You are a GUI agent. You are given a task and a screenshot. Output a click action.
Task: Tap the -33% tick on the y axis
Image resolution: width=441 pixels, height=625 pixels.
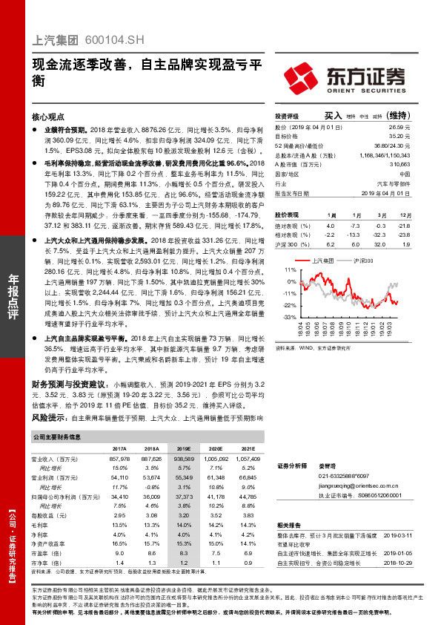(291, 316)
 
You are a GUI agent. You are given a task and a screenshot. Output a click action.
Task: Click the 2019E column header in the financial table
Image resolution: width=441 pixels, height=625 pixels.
(184, 449)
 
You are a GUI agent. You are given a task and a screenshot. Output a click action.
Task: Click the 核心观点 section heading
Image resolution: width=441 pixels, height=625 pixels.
(48, 117)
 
